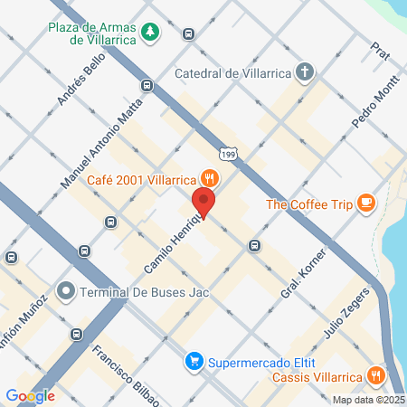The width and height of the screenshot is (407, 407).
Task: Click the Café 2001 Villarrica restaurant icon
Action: click(x=209, y=178)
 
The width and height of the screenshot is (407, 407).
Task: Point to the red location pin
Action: click(x=203, y=203)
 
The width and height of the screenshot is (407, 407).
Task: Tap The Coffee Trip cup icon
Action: click(x=365, y=203)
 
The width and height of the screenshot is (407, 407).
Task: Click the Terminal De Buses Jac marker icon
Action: click(x=65, y=292)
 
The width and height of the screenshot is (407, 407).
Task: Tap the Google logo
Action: click(x=30, y=395)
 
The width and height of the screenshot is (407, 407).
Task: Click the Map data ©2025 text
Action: click(x=368, y=400)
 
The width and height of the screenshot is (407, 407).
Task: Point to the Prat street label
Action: click(x=380, y=52)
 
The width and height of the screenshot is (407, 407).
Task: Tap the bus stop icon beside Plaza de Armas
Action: click(x=188, y=34)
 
